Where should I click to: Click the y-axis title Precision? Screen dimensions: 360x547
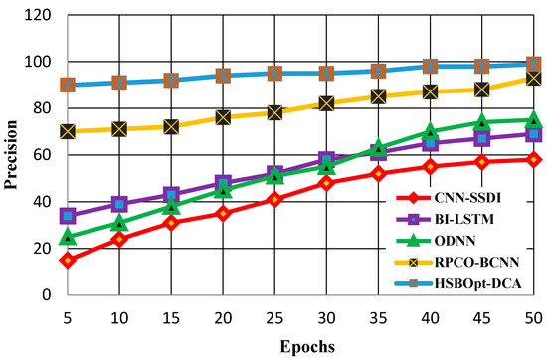pos(12,155)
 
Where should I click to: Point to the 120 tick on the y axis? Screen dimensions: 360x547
pos(38,15)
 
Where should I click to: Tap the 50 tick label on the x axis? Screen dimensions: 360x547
pos(533,315)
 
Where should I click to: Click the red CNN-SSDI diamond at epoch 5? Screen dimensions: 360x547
pos(67,261)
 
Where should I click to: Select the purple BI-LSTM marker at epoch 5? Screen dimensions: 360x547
pos(67,216)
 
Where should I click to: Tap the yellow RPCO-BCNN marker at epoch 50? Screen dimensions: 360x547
pos(533,78)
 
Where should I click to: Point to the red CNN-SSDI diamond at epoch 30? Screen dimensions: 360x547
pos(326,183)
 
